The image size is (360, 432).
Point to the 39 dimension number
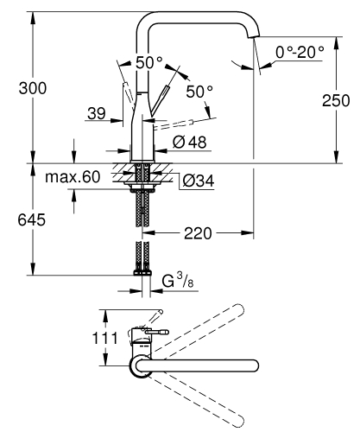click(97, 112)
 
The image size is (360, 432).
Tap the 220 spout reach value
click(199, 232)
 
